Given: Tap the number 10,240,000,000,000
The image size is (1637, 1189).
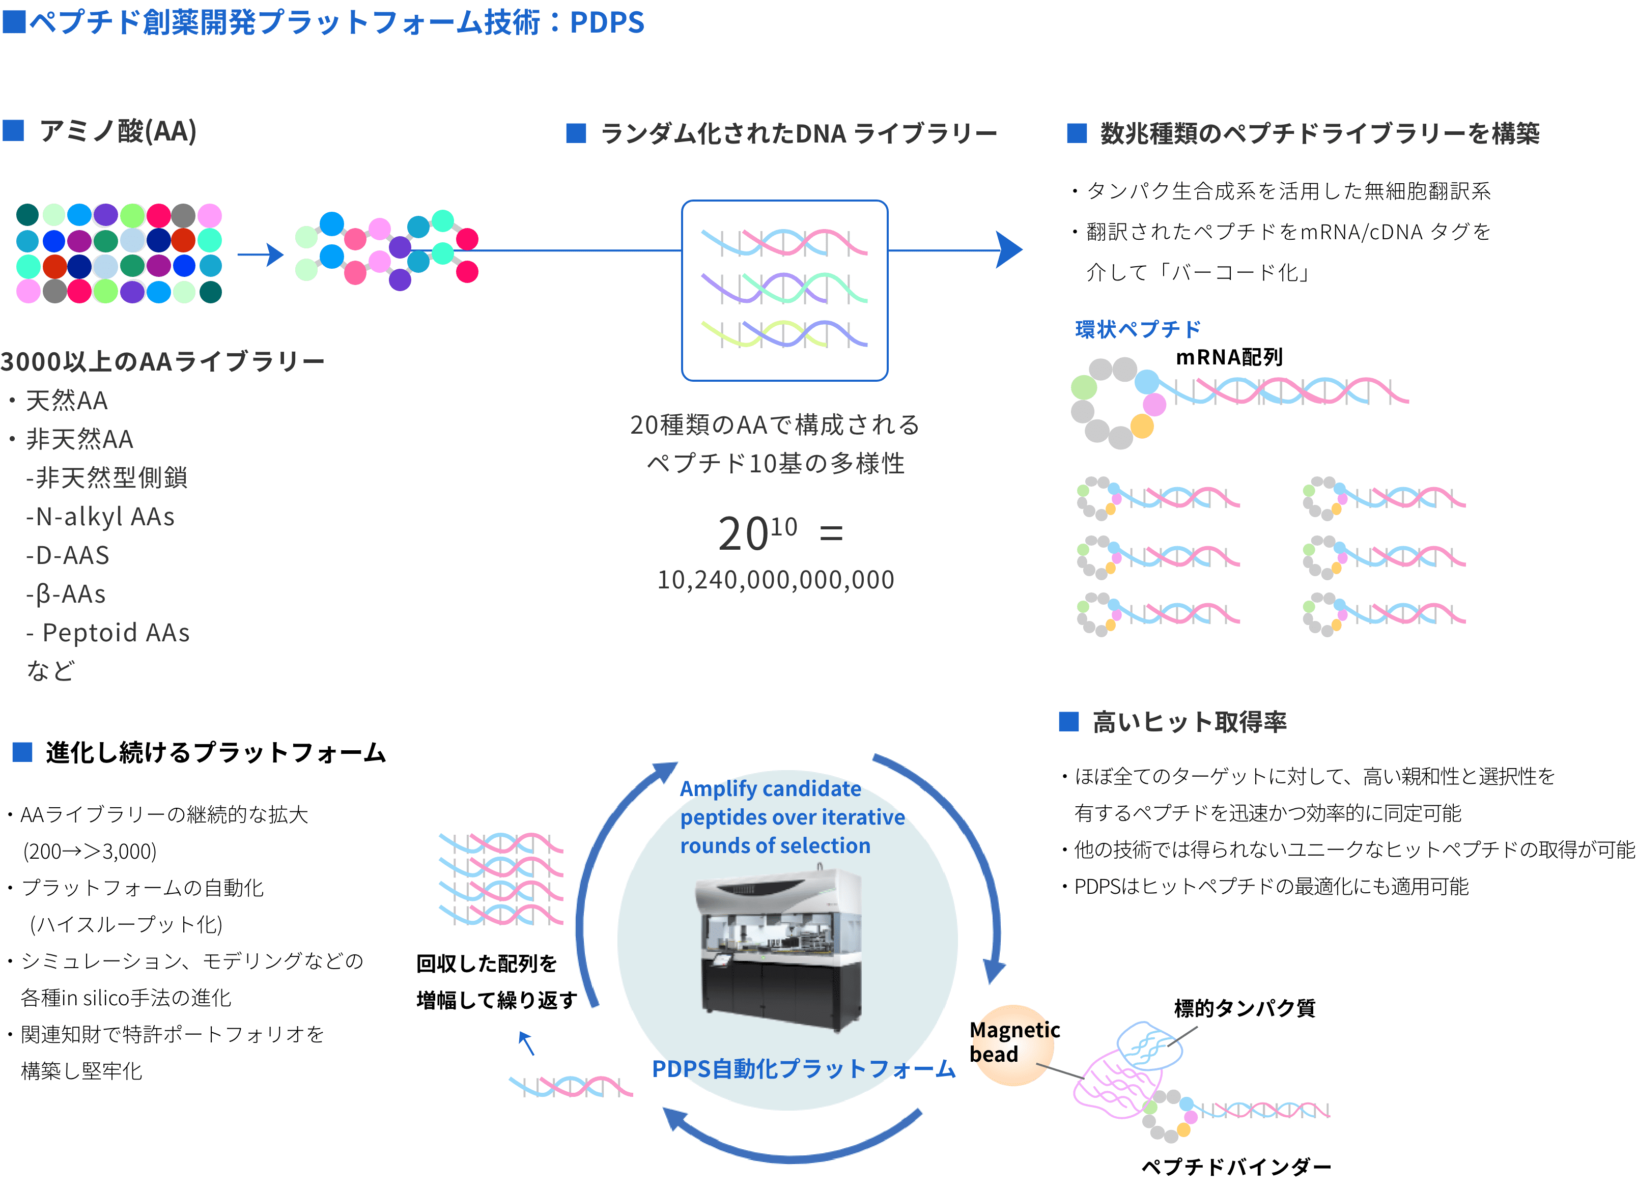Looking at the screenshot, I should tap(775, 580).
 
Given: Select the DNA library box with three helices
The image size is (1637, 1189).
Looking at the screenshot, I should tap(784, 290).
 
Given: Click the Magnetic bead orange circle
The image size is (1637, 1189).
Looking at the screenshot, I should tap(1013, 1044).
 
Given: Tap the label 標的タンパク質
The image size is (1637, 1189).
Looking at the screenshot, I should tap(1245, 1008).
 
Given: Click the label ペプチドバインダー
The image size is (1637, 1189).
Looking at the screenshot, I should tap(1236, 1167).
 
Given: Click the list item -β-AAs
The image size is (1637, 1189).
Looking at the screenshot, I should tap(66, 594).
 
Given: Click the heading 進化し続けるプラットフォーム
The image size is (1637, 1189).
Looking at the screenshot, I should tap(215, 753).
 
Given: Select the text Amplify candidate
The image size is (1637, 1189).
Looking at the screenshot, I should tap(770, 788).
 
